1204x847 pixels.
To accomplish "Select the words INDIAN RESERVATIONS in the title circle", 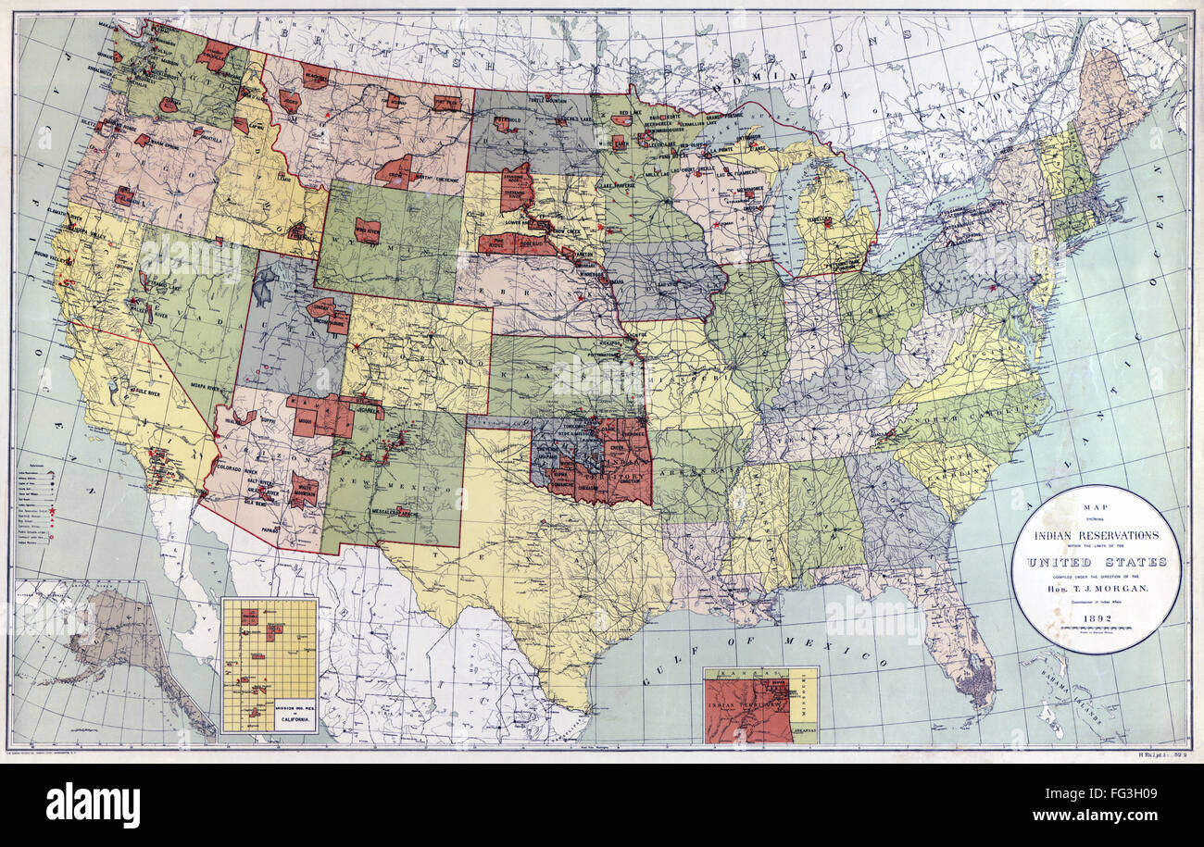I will point(1095,535).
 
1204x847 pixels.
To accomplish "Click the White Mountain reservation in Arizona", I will point(303,489).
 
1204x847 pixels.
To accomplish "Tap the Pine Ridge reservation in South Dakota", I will point(502,243).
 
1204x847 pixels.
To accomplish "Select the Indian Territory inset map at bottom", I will point(759,705).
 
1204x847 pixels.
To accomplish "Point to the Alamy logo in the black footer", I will point(93,804).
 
